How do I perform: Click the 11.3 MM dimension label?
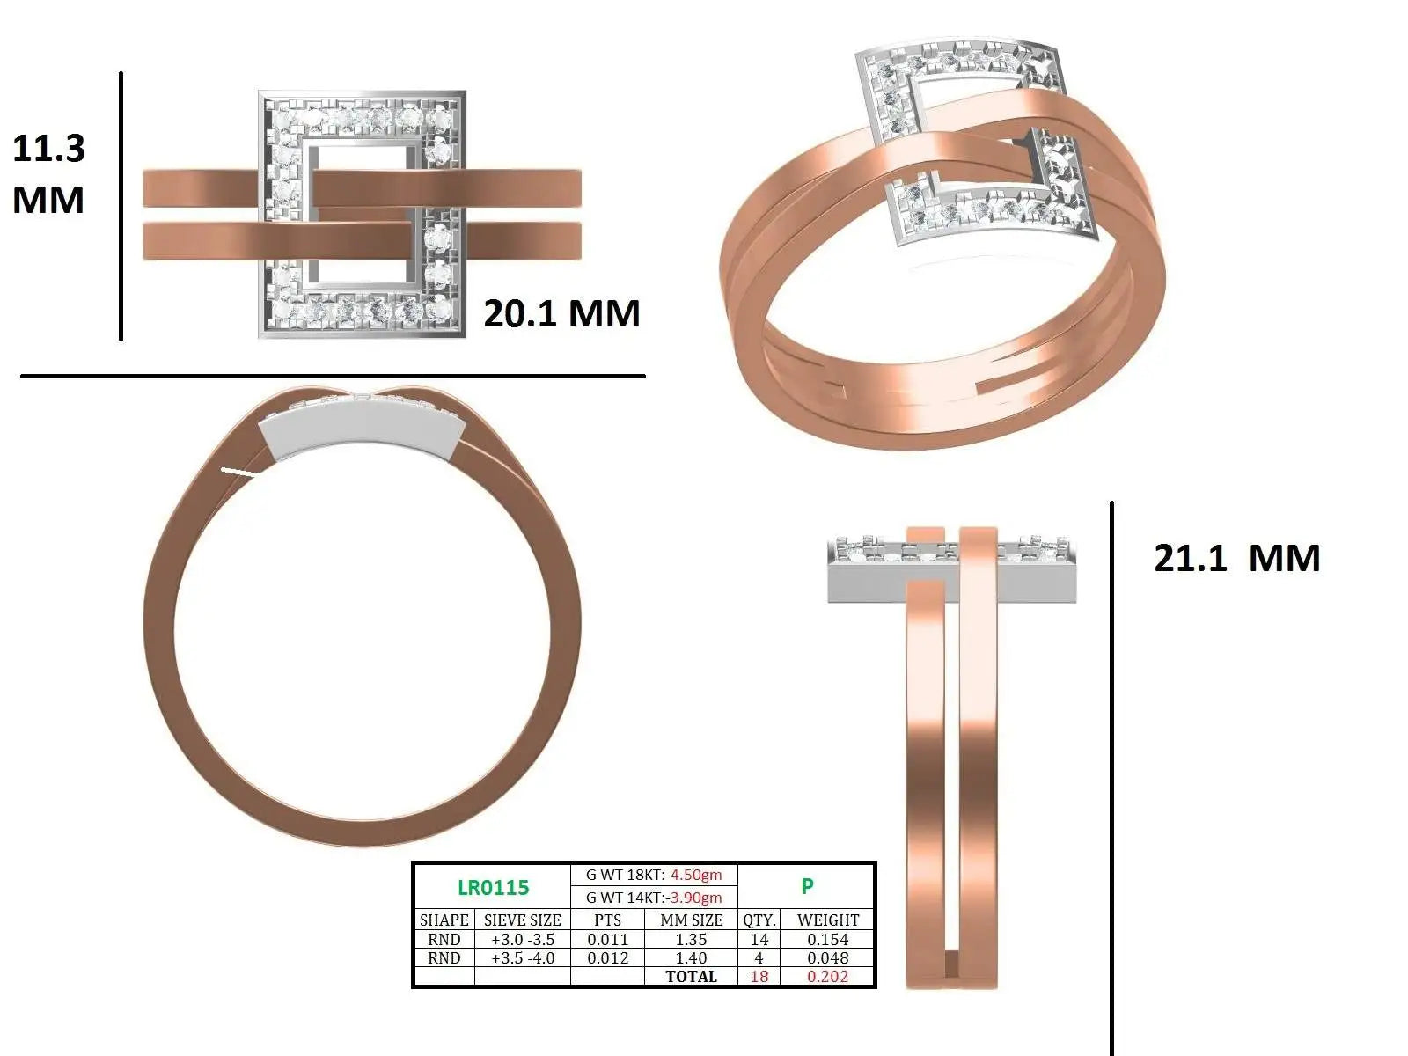(48, 173)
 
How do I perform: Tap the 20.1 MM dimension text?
(562, 313)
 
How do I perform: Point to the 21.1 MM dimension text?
(1236, 558)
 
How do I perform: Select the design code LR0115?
(494, 887)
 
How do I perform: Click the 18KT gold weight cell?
(654, 876)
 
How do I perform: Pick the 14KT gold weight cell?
(654, 898)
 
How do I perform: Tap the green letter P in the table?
(807, 886)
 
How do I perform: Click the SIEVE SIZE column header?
(522, 920)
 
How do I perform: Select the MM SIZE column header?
(692, 920)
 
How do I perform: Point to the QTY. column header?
(759, 920)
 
